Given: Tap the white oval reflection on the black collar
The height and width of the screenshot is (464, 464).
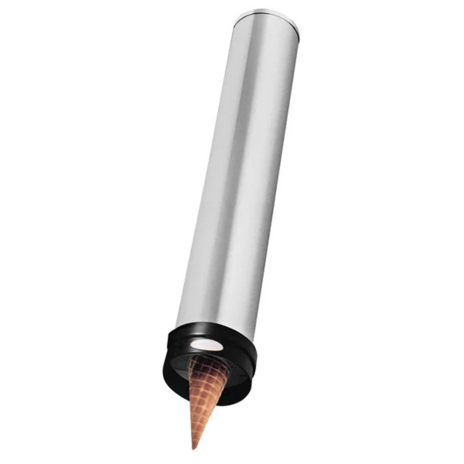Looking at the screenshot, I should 207,344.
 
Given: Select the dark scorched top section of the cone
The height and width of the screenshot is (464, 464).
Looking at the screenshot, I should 208,367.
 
